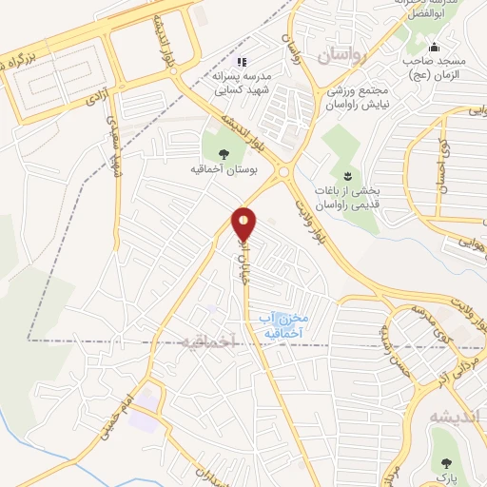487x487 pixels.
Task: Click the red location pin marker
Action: [x=245, y=224]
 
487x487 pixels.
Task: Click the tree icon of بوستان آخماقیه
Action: [x=223, y=152]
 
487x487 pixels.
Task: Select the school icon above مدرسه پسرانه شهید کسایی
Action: [x=242, y=62]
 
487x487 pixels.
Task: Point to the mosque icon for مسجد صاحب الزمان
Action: [x=434, y=49]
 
